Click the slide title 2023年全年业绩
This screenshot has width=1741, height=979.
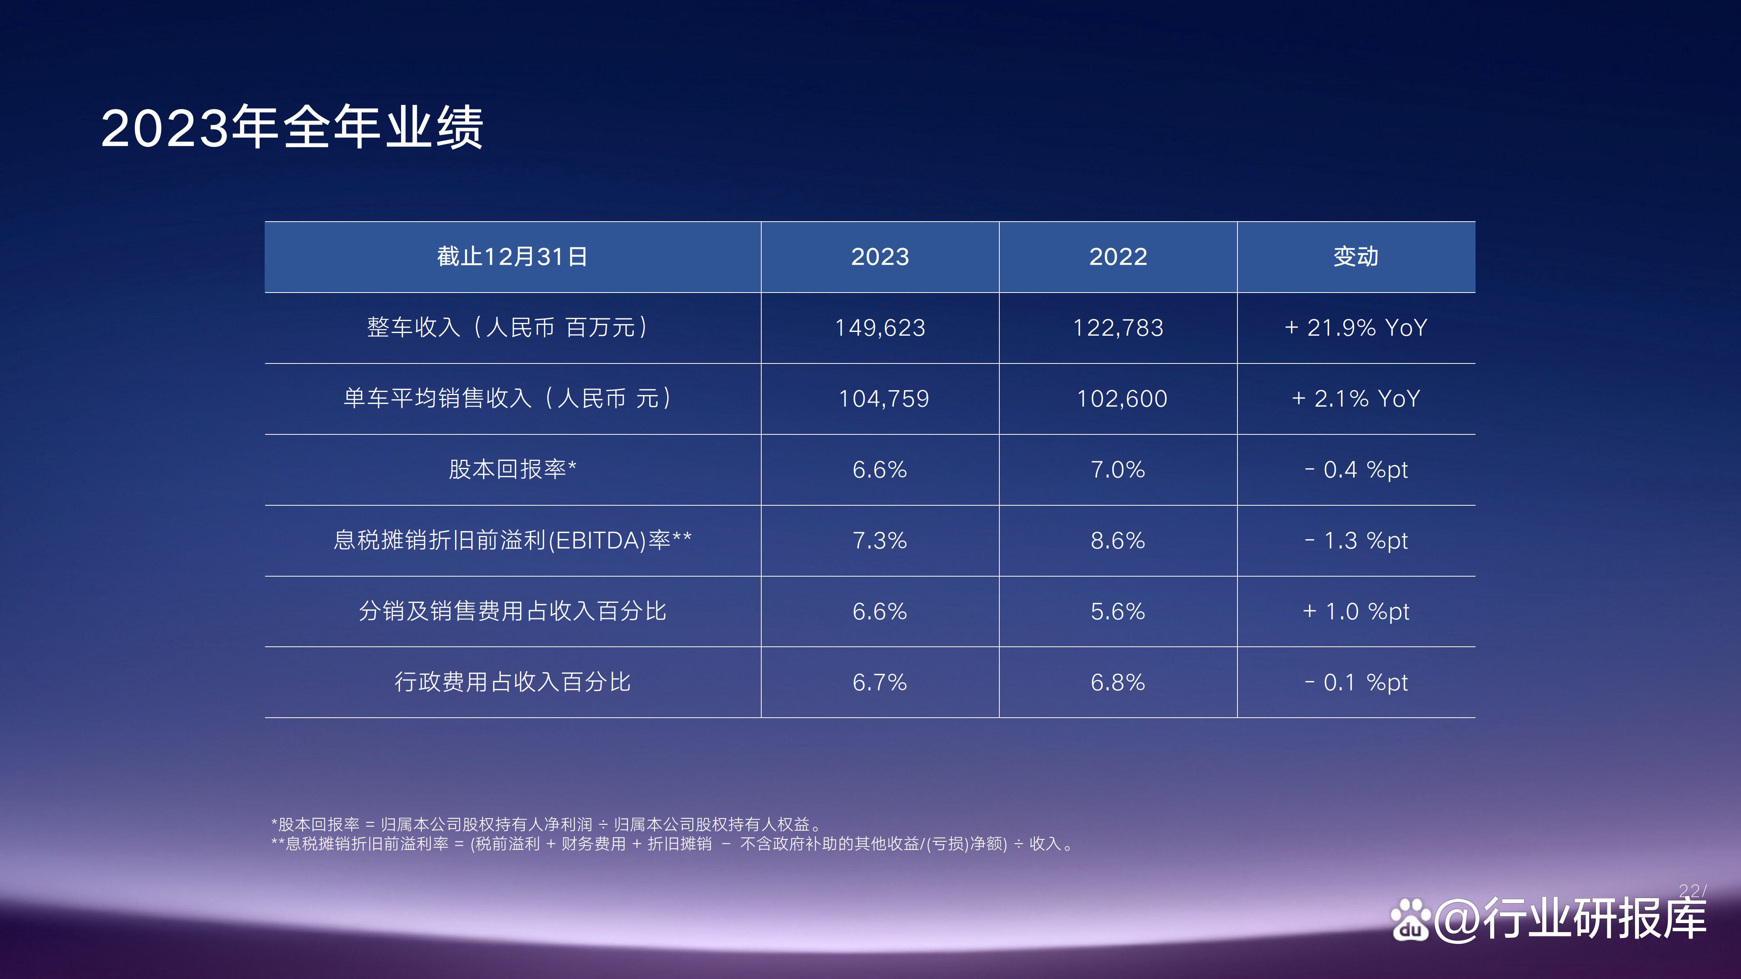point(292,128)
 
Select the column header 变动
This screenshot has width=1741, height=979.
point(1356,257)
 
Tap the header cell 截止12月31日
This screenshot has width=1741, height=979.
point(512,257)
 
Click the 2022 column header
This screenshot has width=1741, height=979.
point(1118,257)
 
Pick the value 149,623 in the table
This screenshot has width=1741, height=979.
point(880,328)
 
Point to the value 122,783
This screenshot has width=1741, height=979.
point(1118,328)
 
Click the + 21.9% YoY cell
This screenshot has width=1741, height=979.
point(1356,328)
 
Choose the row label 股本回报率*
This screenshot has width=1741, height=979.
point(512,469)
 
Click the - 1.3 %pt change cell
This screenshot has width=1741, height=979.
point(1356,541)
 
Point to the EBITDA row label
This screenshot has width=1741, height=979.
point(512,540)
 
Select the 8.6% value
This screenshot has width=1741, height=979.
point(1118,541)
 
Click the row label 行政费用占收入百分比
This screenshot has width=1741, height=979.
point(512,682)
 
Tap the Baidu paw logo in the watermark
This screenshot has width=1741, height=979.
point(1410,920)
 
